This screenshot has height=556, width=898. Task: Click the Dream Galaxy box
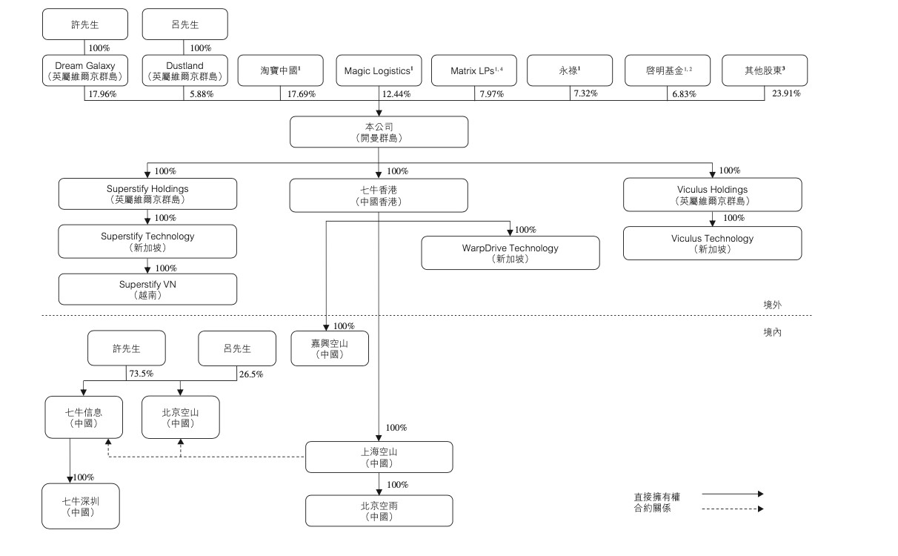(84, 71)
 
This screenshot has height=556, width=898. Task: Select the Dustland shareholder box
(184, 71)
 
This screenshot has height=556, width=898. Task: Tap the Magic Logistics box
(379, 71)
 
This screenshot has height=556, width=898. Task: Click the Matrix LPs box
(475, 71)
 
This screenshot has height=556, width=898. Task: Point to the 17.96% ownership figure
(104, 94)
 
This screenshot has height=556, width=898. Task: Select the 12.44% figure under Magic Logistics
(396, 94)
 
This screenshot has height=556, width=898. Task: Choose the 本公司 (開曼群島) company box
(379, 132)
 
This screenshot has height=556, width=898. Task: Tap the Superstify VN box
(147, 289)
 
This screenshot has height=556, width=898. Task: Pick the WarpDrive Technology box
(510, 253)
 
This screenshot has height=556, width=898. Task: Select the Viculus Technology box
(712, 243)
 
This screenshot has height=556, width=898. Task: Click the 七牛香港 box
(379, 195)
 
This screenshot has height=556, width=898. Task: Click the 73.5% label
(140, 374)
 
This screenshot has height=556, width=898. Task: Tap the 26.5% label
(250, 374)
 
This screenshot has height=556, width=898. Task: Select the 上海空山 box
(379, 457)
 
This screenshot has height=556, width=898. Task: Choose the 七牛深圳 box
(81, 506)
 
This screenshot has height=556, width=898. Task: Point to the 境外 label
(772, 305)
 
